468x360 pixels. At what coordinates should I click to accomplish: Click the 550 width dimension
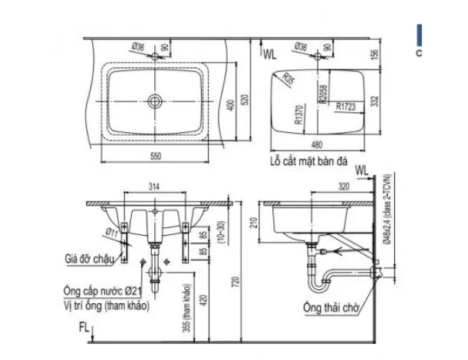click(156, 156)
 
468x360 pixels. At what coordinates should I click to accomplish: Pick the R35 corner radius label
click(288, 77)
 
